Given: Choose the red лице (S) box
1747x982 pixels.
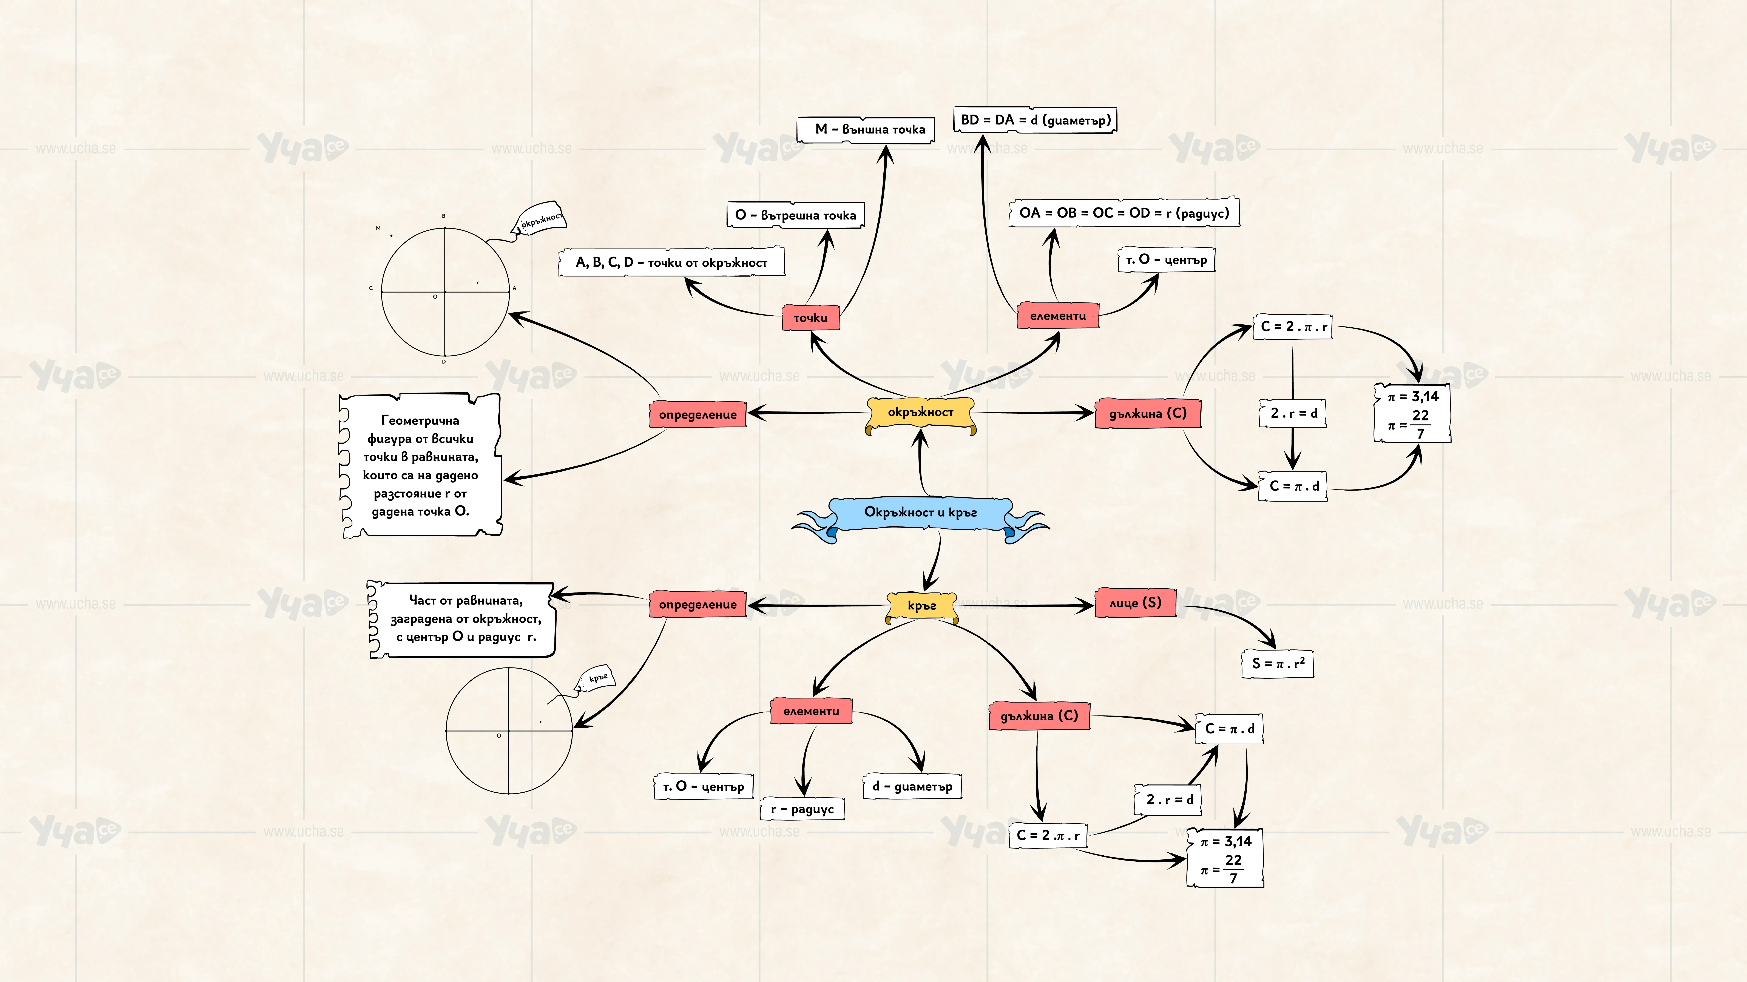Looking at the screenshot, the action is pos(1135,603).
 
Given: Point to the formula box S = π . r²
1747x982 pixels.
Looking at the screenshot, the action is pos(1278,663).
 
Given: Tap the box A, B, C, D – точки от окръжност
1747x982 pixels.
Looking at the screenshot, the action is pos(671,262).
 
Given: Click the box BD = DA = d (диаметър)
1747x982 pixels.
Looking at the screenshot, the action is pos(1035,120).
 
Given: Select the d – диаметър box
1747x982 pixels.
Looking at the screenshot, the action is pos(912,786).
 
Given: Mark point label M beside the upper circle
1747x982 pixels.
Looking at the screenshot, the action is pos(378,228).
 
